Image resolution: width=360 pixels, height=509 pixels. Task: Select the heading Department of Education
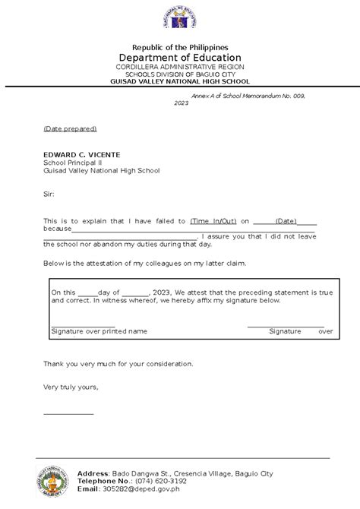(180, 58)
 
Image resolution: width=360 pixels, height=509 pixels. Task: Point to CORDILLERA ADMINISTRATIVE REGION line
(180, 67)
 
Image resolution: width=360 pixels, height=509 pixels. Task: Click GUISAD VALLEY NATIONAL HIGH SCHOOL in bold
(180, 81)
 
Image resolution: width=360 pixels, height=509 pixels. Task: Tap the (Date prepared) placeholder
(70, 128)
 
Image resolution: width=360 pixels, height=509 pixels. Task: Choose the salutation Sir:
(49, 194)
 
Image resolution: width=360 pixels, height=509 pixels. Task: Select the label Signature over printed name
(99, 332)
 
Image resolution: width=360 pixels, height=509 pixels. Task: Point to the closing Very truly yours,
(71, 387)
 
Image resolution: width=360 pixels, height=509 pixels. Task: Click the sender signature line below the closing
(68, 413)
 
